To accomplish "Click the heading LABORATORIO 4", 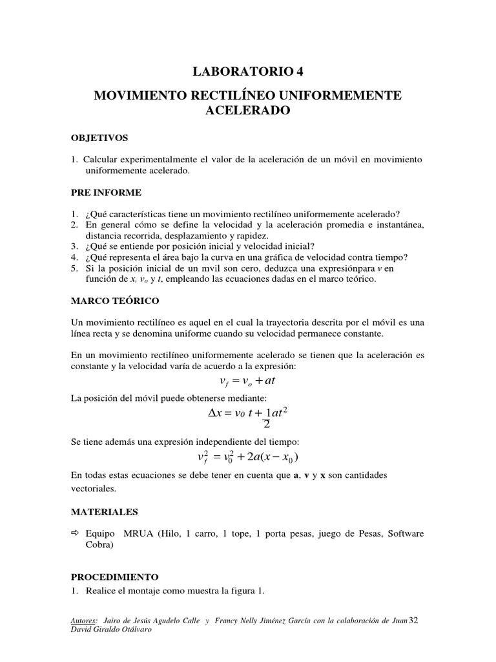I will pos(247,72).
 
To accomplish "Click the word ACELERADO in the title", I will pos(248,111).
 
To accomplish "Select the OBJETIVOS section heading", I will pos(99,138).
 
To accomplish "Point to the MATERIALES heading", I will pos(104,511).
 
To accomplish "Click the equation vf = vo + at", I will pos(247,381).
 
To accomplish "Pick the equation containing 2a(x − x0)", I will pos(247,457).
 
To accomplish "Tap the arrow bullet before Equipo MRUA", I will pos(74,533).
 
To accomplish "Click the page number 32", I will pos(414,621).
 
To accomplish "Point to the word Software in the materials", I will pos(402,533).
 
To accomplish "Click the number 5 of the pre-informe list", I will pos(74,268).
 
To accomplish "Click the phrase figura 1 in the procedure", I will pos(243,592).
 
